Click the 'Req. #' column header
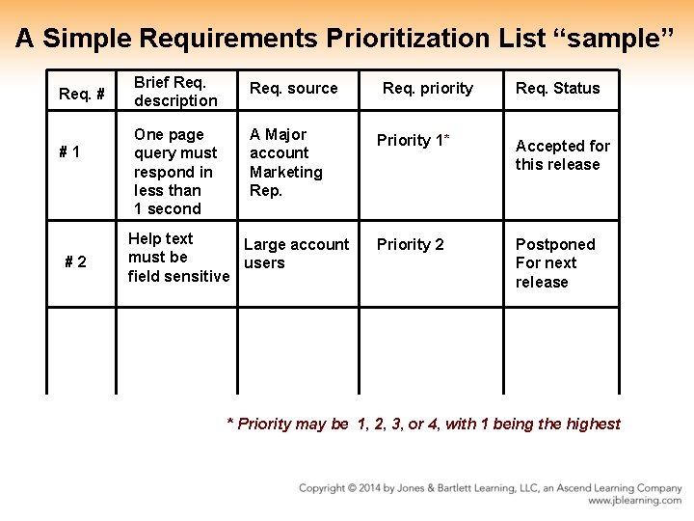tap(82, 94)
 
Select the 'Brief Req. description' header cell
tap(175, 91)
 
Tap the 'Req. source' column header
tap(294, 89)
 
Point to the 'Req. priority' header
tap(428, 89)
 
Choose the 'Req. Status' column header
tap(557, 89)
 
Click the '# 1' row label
tap(69, 152)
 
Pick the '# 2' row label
tap(75, 261)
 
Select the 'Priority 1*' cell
tap(414, 141)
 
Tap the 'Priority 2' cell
tap(411, 245)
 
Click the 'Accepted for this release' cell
tap(562, 155)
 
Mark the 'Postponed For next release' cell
tap(555, 263)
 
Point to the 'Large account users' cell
tap(296, 254)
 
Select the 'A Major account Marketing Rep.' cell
tap(285, 162)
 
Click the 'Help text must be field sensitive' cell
tap(178, 258)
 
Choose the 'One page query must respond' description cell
tap(175, 172)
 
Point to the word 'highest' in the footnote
tap(595, 425)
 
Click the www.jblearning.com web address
tap(634, 501)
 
